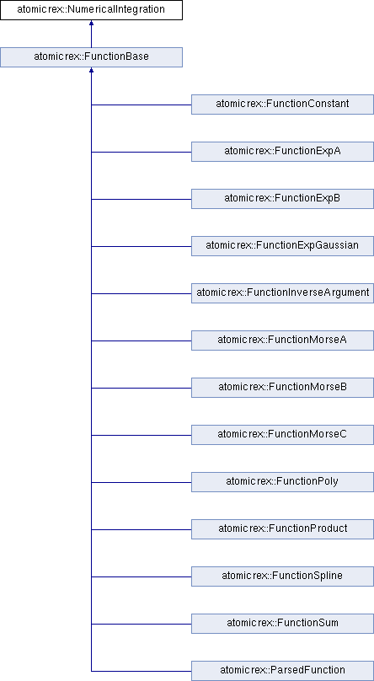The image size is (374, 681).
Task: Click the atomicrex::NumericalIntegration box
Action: (91, 9)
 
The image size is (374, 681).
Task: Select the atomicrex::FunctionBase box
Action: (91, 57)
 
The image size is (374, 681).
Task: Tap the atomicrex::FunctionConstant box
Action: (282, 105)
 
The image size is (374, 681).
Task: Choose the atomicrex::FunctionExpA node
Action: (282, 152)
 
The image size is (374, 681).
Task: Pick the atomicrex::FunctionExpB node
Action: (282, 198)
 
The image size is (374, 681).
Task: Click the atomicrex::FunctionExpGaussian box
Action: (282, 246)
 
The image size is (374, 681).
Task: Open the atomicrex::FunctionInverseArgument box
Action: (282, 293)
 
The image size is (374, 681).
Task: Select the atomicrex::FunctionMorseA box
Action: (282, 340)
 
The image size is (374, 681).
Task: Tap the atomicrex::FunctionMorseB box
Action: (282, 388)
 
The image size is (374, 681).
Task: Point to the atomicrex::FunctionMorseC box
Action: (282, 435)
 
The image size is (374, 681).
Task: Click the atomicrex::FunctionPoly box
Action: (282, 481)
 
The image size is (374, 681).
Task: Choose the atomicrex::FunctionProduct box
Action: (282, 529)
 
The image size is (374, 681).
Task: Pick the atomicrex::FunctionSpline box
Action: (282, 576)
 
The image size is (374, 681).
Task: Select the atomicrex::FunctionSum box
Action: (282, 623)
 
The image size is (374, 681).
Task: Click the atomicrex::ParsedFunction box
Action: (282, 671)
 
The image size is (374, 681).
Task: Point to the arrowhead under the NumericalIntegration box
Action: (91, 23)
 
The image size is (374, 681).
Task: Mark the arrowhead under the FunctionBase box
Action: (91, 70)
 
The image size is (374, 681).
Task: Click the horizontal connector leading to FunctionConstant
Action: (142, 105)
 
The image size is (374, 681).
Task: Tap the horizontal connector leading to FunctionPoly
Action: (142, 482)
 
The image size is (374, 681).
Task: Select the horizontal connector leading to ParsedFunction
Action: (142, 671)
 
